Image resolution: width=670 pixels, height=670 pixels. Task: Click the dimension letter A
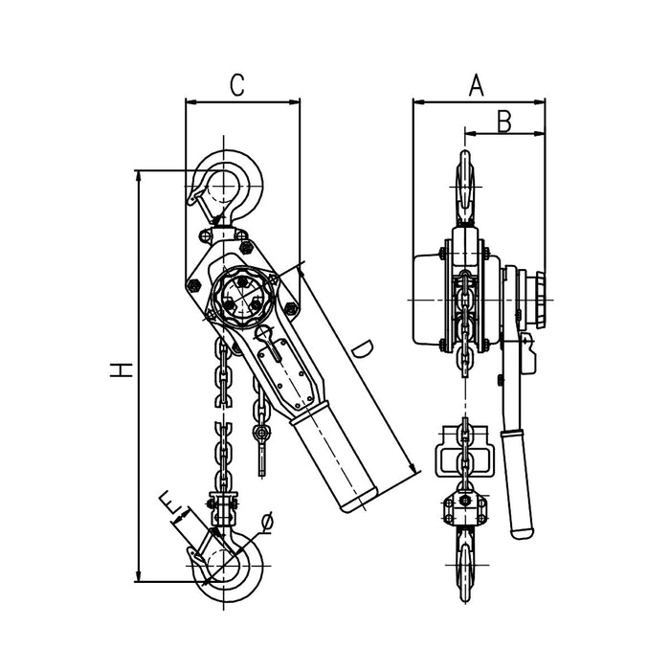tap(476, 85)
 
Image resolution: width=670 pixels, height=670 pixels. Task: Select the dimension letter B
tap(505, 121)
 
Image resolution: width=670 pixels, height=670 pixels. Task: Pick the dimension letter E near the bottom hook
tap(169, 501)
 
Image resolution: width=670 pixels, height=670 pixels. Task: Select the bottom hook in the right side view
tap(464, 560)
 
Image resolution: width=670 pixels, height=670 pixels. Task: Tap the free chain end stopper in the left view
tap(261, 433)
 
